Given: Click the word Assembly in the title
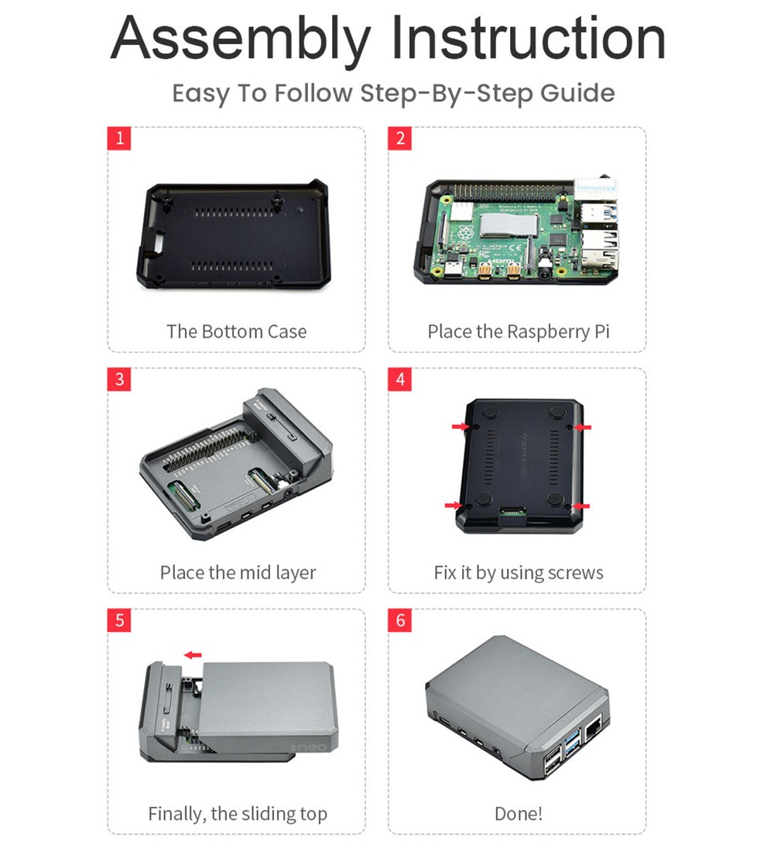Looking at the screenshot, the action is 241,39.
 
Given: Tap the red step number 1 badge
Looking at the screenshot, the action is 119,139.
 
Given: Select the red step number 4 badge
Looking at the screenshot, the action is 399,379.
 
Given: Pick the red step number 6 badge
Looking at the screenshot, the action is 399,619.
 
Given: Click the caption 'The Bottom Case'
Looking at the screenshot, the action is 237,331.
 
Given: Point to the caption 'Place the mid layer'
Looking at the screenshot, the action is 238,572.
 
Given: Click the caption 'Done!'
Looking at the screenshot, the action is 519,814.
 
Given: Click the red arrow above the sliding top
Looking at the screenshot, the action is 193,655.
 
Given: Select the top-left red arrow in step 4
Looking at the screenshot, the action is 461,427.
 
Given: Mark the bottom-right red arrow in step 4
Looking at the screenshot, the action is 581,506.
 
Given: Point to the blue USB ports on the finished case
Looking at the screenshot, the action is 572,743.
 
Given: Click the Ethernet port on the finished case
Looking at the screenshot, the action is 593,728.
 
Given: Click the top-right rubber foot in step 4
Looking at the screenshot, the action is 558,413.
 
